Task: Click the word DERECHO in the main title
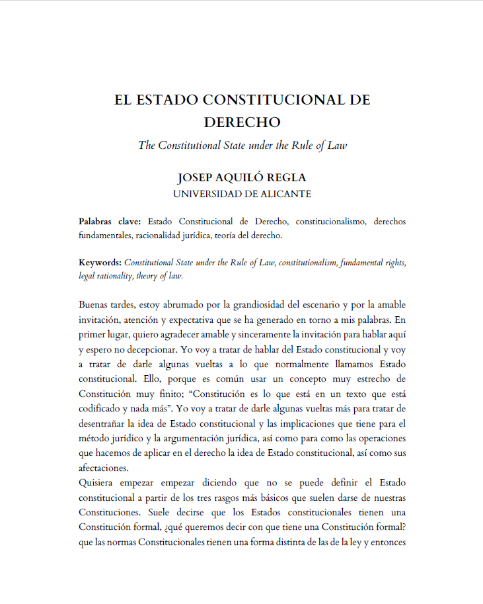[242, 122]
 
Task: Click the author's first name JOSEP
[196, 179]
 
